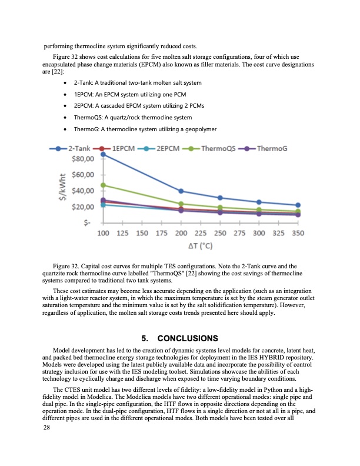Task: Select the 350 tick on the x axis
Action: click(298, 234)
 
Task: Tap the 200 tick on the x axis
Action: click(181, 234)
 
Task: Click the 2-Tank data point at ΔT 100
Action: click(104, 154)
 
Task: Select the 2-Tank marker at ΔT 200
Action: click(181, 191)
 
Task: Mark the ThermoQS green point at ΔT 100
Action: click(104, 185)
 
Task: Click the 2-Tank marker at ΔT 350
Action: click(298, 205)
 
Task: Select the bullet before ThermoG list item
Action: click(63, 128)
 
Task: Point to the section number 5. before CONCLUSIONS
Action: click(145, 338)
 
